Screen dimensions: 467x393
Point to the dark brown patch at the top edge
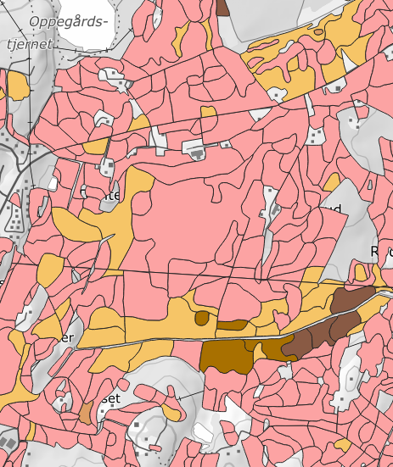pyautogui.click(x=223, y=7)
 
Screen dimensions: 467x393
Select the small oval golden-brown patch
pyautogui.click(x=201, y=318)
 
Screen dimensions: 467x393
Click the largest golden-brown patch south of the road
pyautogui.click(x=225, y=357)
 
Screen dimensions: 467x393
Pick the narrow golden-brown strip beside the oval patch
pyautogui.click(x=231, y=325)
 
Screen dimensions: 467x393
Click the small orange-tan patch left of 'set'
pyautogui.click(x=85, y=413)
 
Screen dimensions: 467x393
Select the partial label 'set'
pyautogui.click(x=113, y=398)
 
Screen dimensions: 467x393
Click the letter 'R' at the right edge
pyautogui.click(x=378, y=252)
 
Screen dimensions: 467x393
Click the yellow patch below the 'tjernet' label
pyautogui.click(x=17, y=85)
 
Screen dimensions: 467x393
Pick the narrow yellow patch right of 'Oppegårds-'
pyautogui.click(x=180, y=34)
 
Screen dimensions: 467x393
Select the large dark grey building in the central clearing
pyautogui.click(x=197, y=153)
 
